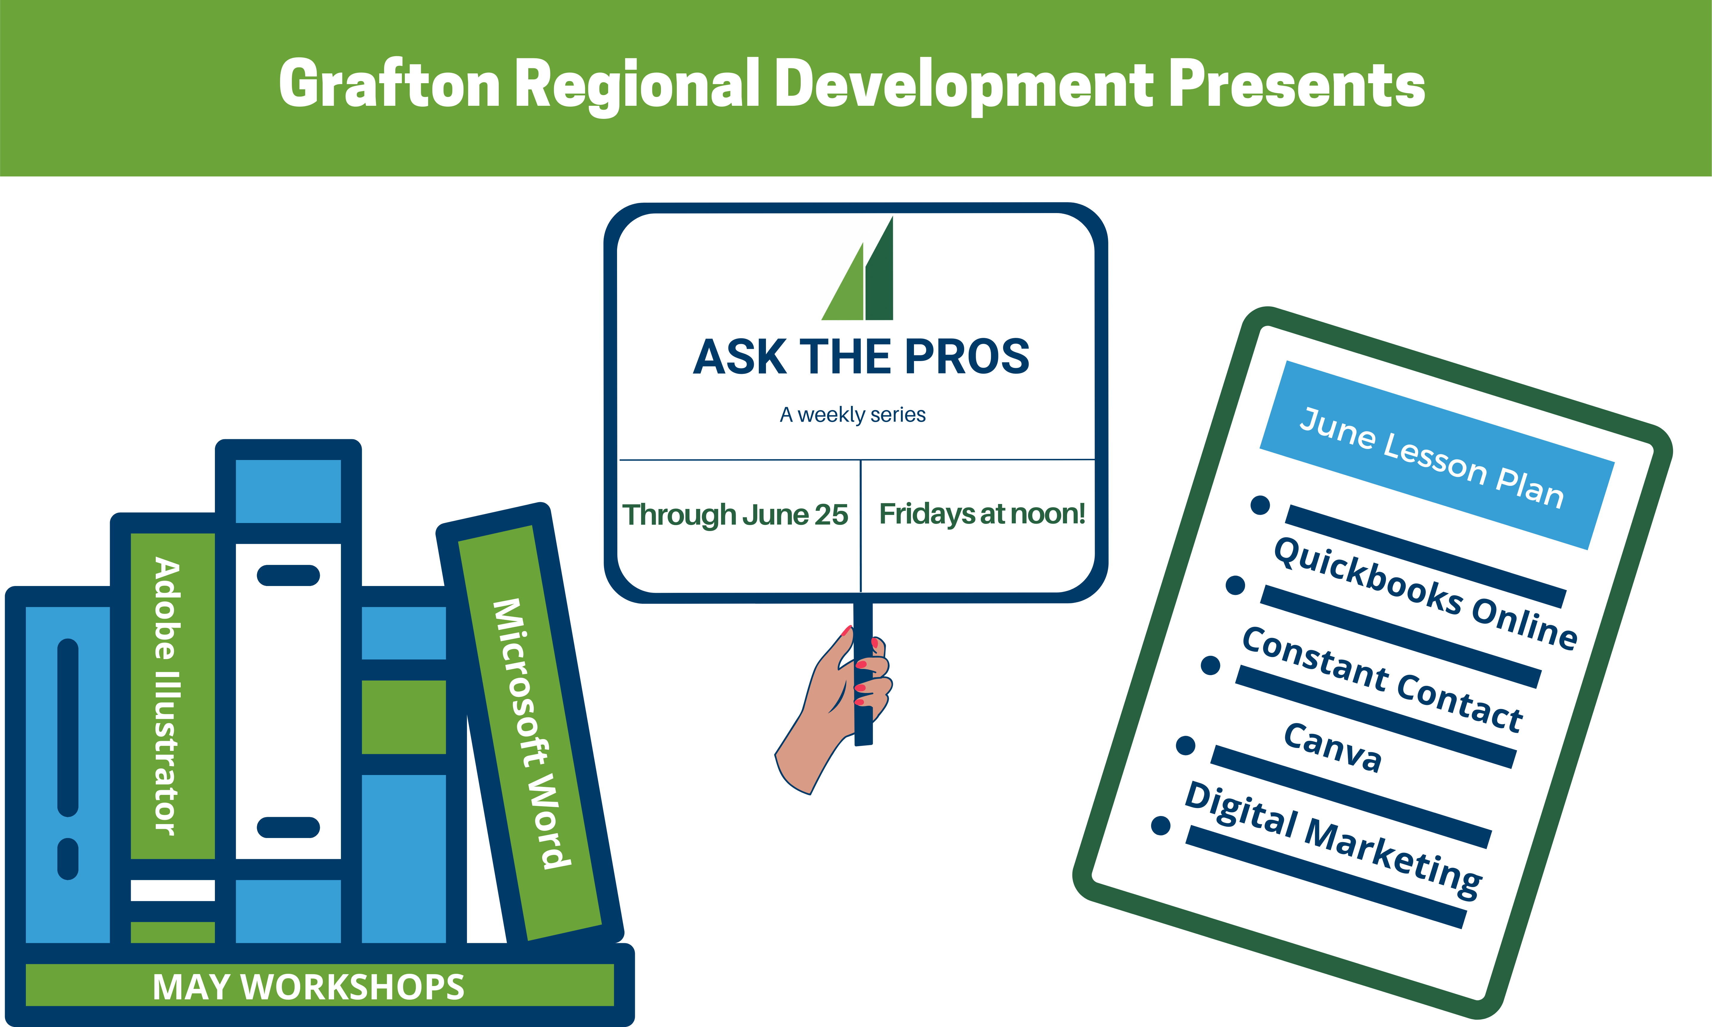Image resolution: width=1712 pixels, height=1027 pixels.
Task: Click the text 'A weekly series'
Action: pos(852,415)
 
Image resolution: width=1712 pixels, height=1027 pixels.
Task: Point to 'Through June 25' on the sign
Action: pos(735,515)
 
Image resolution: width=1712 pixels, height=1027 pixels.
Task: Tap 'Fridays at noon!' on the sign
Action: pos(982,514)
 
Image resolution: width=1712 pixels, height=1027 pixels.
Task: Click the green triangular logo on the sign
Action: pos(858,269)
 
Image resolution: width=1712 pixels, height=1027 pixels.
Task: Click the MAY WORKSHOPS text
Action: pos(309,987)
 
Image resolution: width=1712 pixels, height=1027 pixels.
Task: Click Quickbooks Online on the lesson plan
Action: pos(1425,594)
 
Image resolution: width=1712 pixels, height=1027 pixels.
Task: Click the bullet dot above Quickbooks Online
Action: pos(1260,505)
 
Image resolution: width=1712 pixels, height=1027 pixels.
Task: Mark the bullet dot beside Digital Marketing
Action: pos(1160,826)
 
